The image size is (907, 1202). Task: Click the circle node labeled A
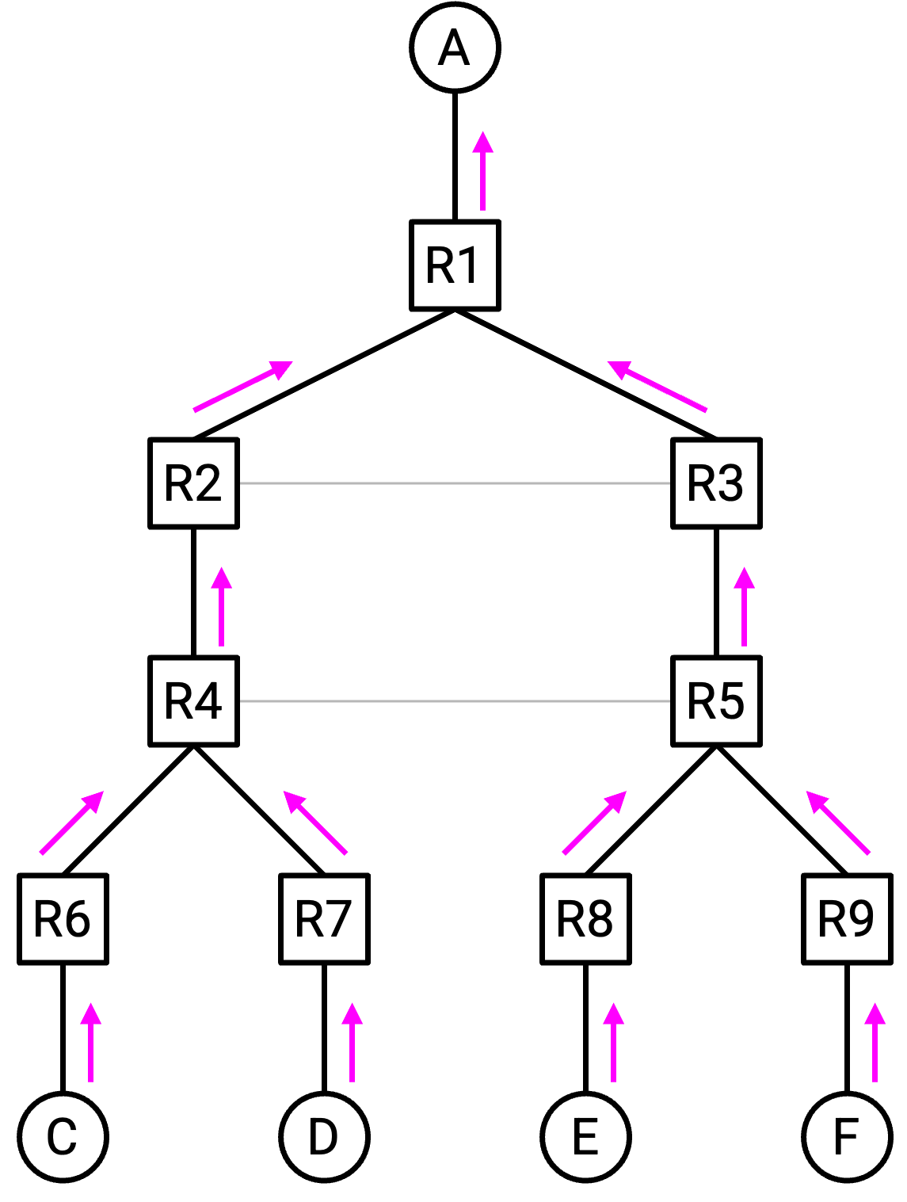click(455, 48)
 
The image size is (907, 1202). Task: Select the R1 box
click(455, 265)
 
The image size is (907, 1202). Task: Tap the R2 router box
click(193, 483)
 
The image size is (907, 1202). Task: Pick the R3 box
click(716, 483)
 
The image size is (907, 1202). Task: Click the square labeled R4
click(193, 701)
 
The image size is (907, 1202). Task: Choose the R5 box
click(716, 701)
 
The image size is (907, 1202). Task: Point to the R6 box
click(63, 919)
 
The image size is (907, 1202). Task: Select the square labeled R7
click(324, 919)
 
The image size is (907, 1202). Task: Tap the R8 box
click(585, 919)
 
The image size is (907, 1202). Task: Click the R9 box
click(847, 919)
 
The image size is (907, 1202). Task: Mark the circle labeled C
click(63, 1137)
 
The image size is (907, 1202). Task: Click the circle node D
click(324, 1137)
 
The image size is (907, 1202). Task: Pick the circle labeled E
click(585, 1137)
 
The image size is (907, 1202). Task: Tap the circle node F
click(847, 1137)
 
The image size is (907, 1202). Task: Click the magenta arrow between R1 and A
click(482, 171)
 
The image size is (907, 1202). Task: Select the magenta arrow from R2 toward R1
click(243, 386)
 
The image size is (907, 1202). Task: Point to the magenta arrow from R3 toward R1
click(657, 386)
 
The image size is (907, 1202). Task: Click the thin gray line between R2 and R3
click(455, 483)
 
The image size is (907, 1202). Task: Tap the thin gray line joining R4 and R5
click(455, 701)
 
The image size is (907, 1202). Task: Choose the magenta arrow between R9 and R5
click(837, 822)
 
